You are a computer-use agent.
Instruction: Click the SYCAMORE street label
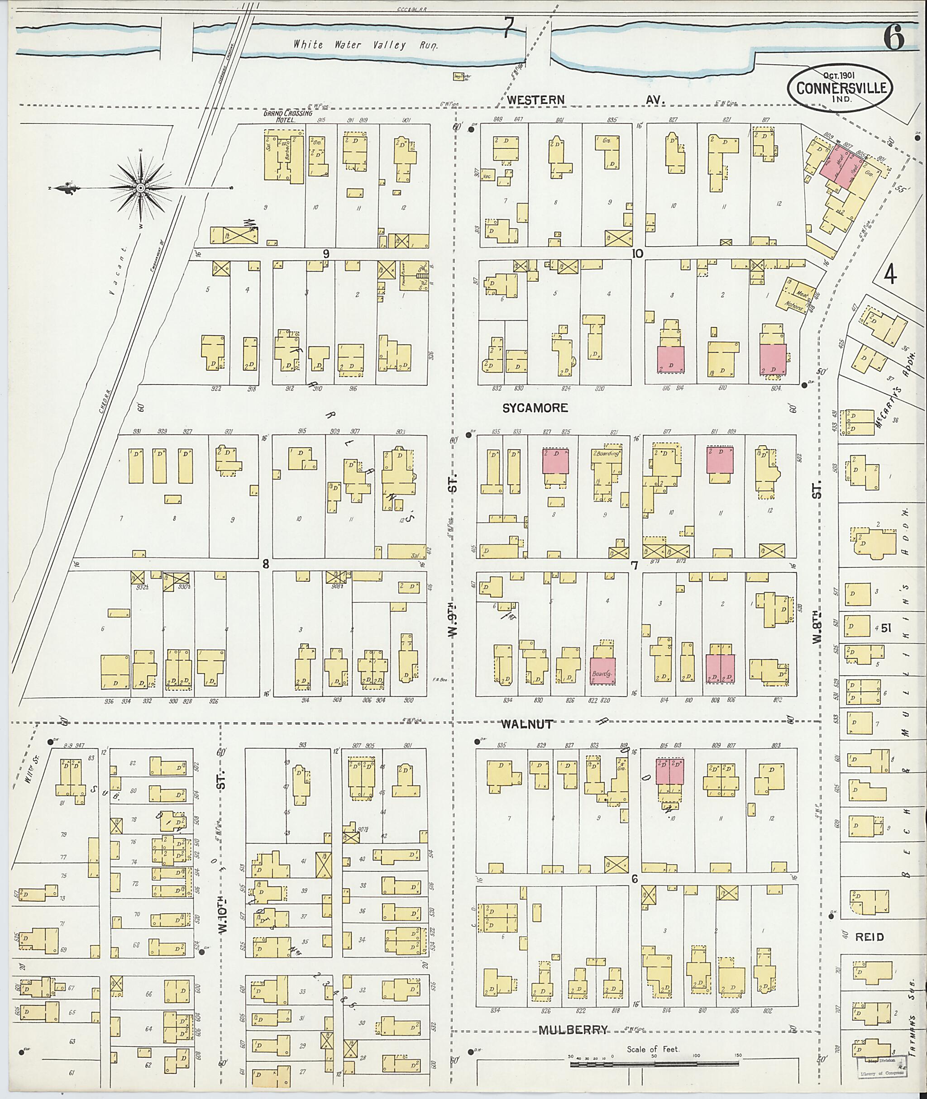pos(535,408)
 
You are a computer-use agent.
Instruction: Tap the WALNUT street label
pos(526,724)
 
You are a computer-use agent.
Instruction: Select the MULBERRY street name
pos(573,1030)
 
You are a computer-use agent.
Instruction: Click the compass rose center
pos(141,188)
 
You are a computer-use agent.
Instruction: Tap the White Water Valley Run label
pos(365,45)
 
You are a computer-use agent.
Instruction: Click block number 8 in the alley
pos(266,564)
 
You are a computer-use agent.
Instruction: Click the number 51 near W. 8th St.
pos(887,628)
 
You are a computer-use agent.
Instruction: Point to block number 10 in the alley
pos(637,254)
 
